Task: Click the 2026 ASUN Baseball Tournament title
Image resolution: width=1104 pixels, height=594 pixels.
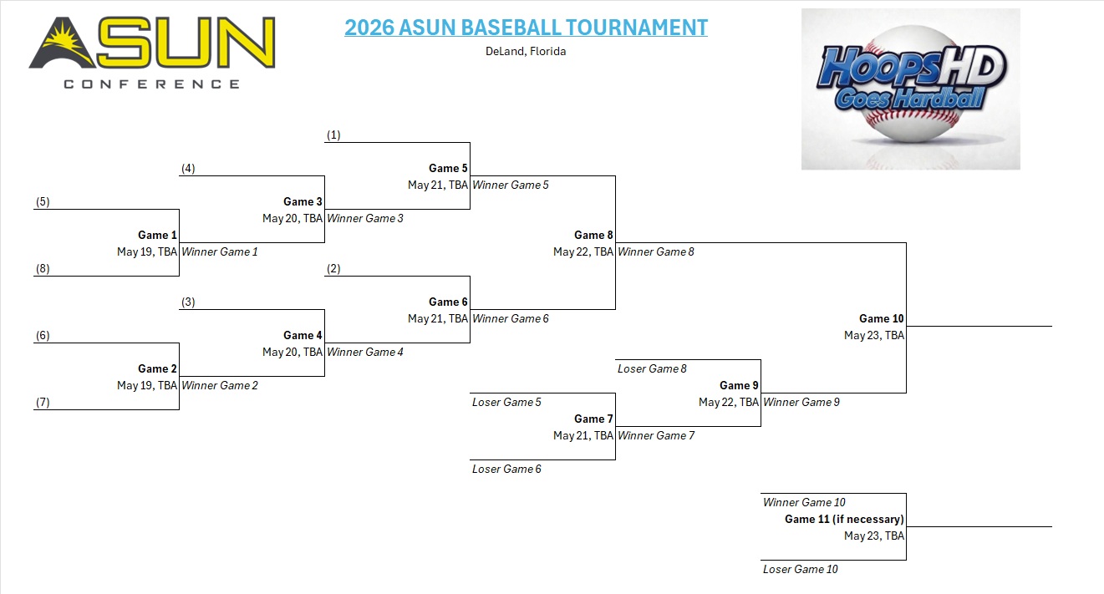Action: coord(526,28)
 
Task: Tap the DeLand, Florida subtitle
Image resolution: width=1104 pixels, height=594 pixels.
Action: coord(526,51)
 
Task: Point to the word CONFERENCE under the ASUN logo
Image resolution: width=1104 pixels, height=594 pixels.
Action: coord(152,84)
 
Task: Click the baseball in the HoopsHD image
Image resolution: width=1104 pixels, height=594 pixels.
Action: coord(911,84)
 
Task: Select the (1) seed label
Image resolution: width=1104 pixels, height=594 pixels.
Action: coord(333,135)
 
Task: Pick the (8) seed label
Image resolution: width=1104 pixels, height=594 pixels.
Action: coord(43,268)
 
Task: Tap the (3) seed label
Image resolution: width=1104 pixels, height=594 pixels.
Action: coord(188,302)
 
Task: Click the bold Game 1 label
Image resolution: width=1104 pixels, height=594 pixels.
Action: coord(157,235)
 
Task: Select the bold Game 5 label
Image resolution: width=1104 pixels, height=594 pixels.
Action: coord(448,169)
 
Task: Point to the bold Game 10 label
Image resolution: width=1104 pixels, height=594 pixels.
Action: coord(882,318)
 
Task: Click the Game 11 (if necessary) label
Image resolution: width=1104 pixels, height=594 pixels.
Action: coord(844,519)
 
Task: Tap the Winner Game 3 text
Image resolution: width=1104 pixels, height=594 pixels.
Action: coord(365,218)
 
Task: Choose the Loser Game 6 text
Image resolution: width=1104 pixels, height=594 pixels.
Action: coord(506,469)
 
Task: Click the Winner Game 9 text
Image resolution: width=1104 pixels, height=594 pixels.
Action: coord(801,402)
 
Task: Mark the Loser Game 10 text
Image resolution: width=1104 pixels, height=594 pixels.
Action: coord(801,570)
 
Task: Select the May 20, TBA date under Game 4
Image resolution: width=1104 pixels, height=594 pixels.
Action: coord(293,353)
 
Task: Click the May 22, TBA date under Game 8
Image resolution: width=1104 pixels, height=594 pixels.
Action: coord(583,251)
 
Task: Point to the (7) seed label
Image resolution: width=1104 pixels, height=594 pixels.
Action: coord(43,403)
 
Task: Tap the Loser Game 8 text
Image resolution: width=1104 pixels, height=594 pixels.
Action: coord(652,368)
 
